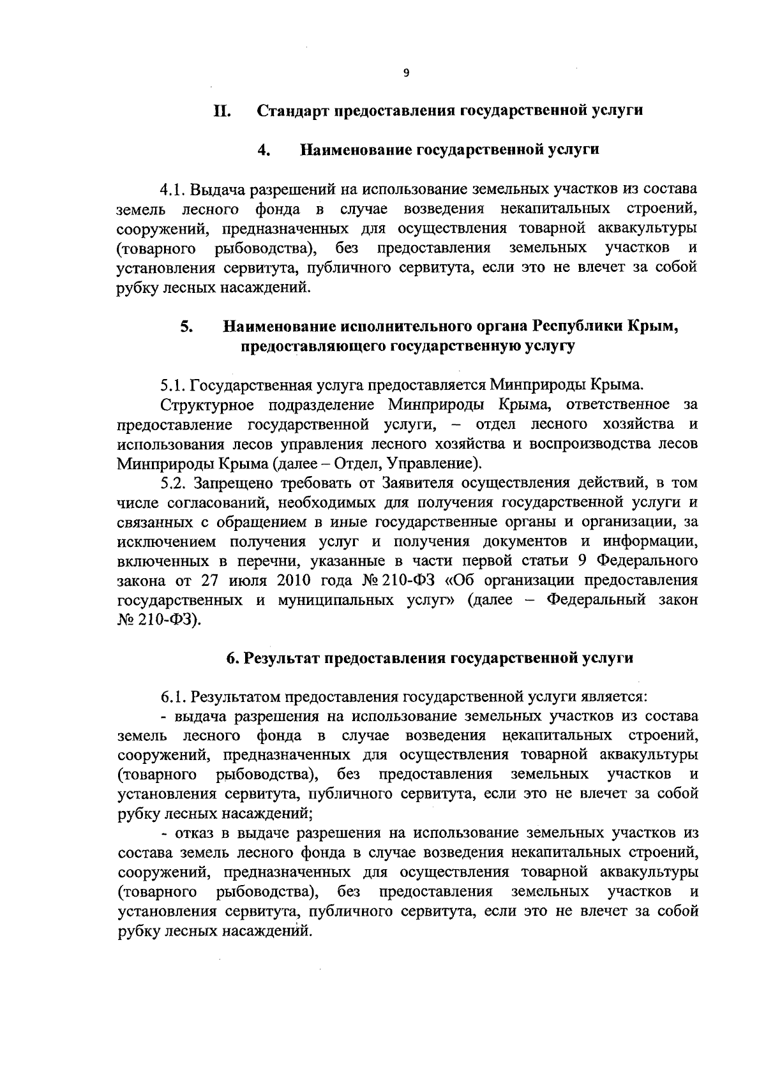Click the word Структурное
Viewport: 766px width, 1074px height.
point(206,405)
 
